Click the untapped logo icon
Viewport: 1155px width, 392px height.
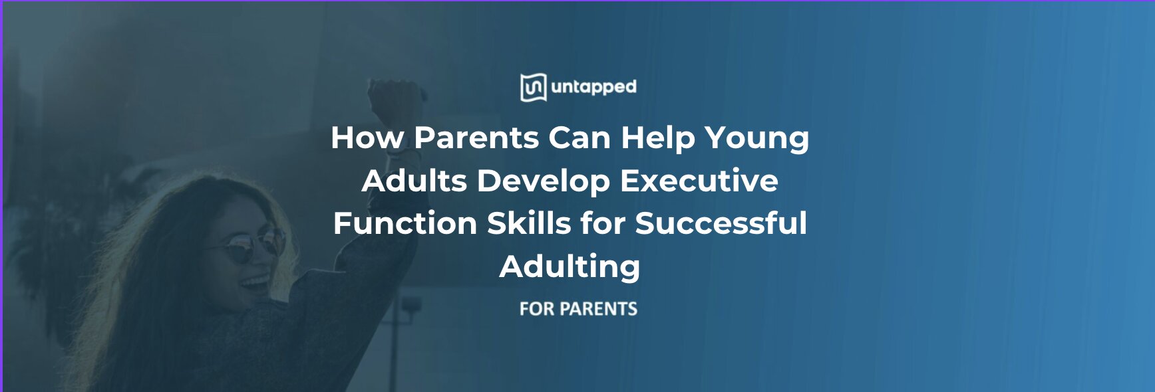pyautogui.click(x=533, y=88)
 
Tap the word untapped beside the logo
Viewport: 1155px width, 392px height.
pyautogui.click(x=593, y=87)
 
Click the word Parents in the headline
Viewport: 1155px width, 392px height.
pyautogui.click(x=476, y=138)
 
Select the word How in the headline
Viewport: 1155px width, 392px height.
pyautogui.click(x=367, y=138)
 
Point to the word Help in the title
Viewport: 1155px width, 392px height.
pyautogui.click(x=657, y=138)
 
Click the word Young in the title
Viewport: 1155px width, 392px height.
pyautogui.click(x=757, y=138)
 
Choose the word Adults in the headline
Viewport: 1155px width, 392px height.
pyautogui.click(x=414, y=181)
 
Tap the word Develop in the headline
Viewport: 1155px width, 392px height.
pyautogui.click(x=543, y=181)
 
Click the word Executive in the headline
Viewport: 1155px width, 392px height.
pyautogui.click(x=699, y=181)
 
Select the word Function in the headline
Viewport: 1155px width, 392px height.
pyautogui.click(x=405, y=223)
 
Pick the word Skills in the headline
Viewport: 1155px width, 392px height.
pyautogui.click(x=529, y=223)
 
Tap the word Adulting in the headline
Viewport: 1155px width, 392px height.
pyautogui.click(x=570, y=267)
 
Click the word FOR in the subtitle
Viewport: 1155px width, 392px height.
pyautogui.click(x=536, y=309)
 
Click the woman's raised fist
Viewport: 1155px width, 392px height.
pyautogui.click(x=395, y=100)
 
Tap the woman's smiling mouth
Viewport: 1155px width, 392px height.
pyautogui.click(x=255, y=284)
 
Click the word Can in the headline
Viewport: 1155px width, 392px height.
pyautogui.click(x=579, y=138)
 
